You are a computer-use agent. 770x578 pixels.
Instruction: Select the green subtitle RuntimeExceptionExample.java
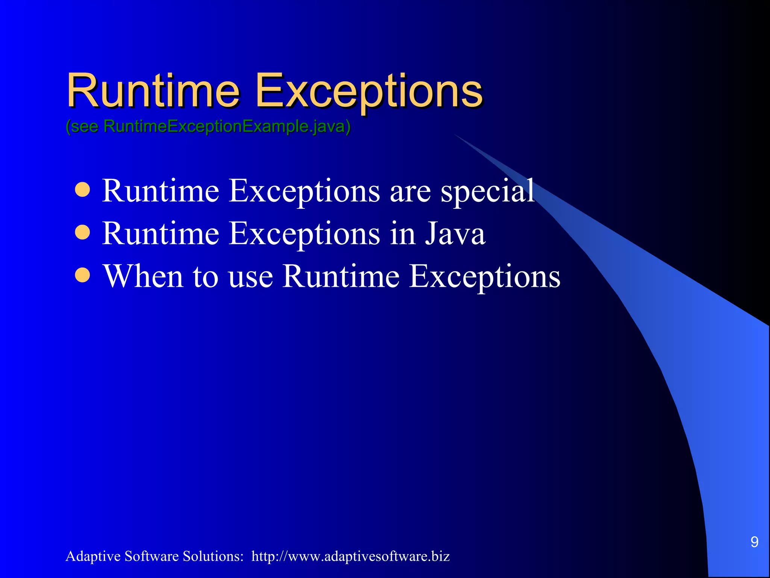pos(208,126)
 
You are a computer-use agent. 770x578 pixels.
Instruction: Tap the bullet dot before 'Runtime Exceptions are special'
pos(82,190)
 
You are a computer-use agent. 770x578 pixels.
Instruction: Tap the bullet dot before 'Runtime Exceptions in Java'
pos(82,233)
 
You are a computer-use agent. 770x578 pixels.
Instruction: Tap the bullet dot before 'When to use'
pos(82,275)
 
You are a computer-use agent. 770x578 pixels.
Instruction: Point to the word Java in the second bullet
pos(455,234)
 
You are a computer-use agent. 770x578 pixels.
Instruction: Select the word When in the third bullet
pos(143,276)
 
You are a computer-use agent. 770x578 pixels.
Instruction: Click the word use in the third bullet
pos(250,278)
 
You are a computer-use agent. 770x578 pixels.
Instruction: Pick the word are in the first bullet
pos(410,192)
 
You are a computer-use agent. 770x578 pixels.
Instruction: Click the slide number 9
pos(754,542)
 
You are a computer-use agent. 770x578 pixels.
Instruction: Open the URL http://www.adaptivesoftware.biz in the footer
pos(350,556)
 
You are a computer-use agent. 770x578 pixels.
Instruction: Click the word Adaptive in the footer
pos(92,556)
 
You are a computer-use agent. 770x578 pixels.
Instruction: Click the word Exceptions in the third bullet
pos(485,277)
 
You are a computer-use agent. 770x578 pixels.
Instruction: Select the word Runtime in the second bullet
pos(161,234)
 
